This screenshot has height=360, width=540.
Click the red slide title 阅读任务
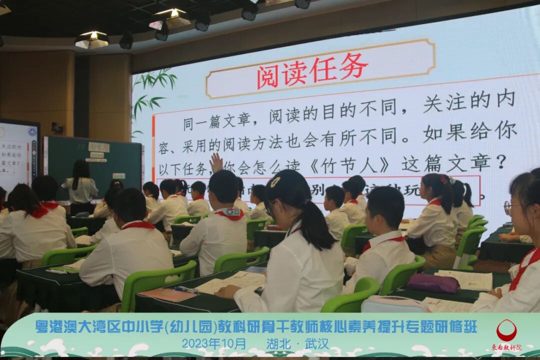(x=312, y=71)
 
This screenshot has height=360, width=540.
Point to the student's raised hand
(x=216, y=163)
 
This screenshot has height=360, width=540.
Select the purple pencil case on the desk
(x=433, y=283)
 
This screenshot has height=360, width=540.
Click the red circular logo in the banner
(x=506, y=330)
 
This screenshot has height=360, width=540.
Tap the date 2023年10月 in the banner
(x=214, y=344)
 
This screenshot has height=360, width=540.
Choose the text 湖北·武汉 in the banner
(x=298, y=344)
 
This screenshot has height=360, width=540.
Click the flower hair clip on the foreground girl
(x=275, y=182)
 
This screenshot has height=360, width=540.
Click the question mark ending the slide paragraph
(x=502, y=161)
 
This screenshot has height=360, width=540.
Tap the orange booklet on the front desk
(x=167, y=294)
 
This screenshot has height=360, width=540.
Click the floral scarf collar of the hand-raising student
(x=229, y=213)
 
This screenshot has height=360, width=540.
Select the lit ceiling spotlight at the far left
(x=92, y=39)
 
